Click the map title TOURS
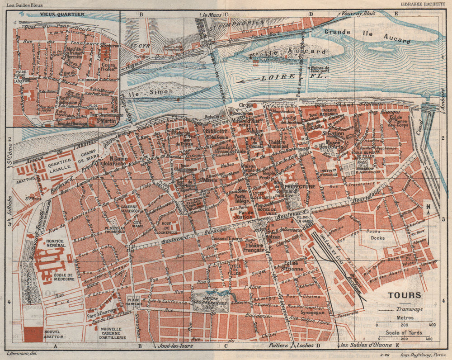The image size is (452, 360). (404, 295)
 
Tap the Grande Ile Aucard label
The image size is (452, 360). (367, 36)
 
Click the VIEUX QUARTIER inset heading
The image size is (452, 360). (62, 14)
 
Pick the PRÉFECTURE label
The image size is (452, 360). (299, 186)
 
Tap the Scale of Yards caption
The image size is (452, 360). (404, 333)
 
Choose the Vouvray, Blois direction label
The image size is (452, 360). (359, 14)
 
